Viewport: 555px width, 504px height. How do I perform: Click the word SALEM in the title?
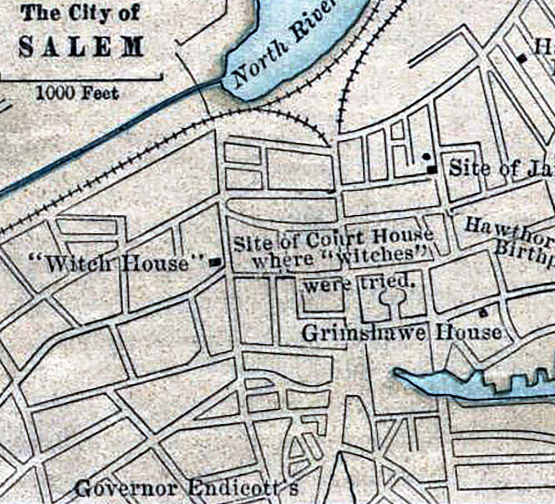coord(81,46)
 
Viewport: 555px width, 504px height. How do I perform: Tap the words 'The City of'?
coord(80,14)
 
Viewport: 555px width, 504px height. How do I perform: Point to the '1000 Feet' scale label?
coord(77,93)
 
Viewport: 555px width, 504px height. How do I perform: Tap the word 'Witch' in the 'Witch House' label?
coord(79,264)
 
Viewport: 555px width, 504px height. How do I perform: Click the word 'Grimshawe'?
coord(363,333)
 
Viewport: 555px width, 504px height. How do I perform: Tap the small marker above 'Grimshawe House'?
coord(484,313)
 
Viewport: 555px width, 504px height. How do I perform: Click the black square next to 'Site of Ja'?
coord(433,170)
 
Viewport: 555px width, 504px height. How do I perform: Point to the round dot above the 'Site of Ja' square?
coord(426,156)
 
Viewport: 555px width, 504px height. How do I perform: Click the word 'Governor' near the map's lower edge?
coord(126,488)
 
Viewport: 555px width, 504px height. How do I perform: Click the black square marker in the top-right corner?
coord(522,59)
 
